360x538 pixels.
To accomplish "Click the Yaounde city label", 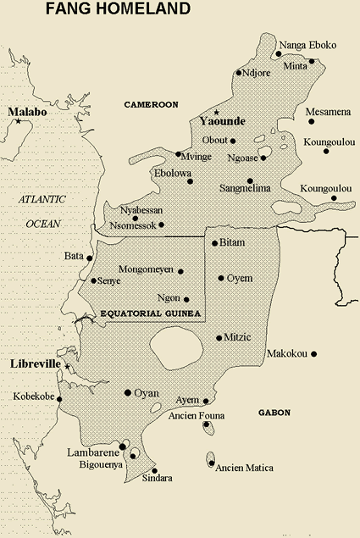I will (220, 122).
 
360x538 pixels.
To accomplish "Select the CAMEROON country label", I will (151, 104).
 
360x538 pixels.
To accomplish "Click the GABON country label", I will (274, 413).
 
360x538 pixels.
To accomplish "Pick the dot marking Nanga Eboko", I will (279, 53).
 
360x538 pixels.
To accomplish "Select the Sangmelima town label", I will (245, 188).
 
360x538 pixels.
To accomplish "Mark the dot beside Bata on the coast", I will (90, 258).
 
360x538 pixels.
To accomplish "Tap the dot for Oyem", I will (221, 278).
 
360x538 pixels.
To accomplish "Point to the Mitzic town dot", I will (219, 336).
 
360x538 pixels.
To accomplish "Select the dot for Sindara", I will (154, 470).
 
